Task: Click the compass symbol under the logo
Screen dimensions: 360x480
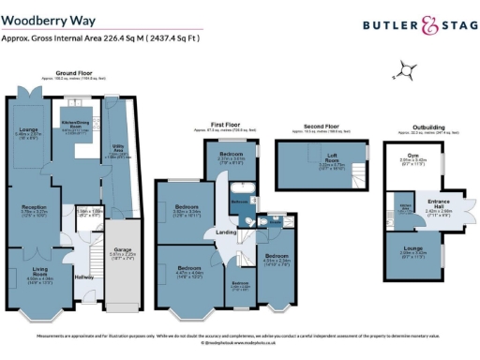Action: (x=405, y=67)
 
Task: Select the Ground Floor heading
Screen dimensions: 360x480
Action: (x=72, y=72)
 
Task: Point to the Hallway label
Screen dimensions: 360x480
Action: (x=84, y=277)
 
